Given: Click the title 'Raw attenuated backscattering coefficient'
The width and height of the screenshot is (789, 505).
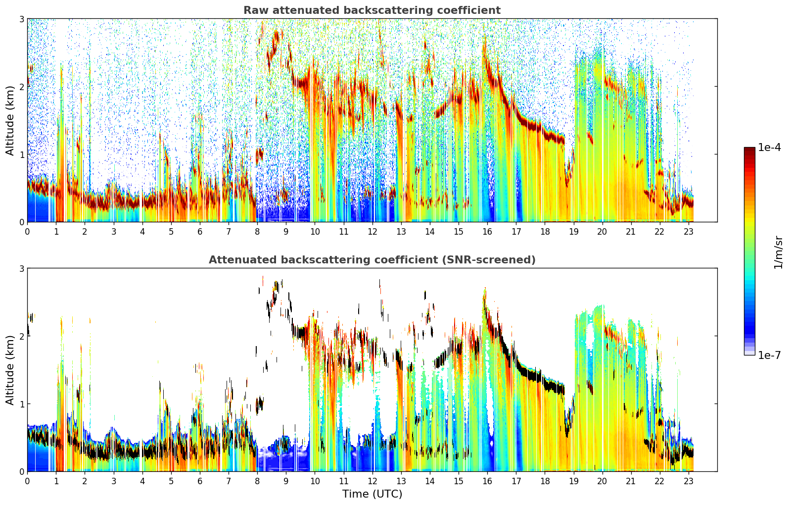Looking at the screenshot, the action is [x=372, y=10].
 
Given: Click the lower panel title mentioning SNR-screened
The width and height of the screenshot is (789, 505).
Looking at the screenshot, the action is [x=372, y=259].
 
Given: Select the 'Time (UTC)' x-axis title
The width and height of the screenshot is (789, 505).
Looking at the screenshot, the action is [x=372, y=494].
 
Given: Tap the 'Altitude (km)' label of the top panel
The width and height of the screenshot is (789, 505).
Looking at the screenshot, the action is [x=10, y=121].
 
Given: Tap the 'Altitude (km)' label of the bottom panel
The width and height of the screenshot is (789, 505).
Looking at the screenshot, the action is [x=10, y=370].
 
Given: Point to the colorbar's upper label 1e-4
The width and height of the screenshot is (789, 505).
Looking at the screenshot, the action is [x=769, y=148].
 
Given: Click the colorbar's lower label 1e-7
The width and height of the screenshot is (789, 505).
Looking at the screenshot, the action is [x=769, y=355].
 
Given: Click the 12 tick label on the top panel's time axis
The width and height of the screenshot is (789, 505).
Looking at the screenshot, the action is [x=372, y=232].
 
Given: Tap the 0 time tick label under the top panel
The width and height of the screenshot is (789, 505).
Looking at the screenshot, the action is [x=28, y=232].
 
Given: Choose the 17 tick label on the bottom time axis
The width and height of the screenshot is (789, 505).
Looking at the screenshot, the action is [x=516, y=481].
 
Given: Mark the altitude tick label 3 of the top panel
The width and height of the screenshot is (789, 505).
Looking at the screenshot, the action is [x=21, y=19].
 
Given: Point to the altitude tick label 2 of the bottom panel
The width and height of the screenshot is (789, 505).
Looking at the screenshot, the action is [x=21, y=336].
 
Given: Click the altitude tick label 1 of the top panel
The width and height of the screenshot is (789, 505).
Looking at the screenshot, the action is [x=21, y=154].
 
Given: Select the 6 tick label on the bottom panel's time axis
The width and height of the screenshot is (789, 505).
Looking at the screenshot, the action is [x=200, y=481].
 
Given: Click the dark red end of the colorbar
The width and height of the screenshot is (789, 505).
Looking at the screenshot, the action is [x=749, y=150].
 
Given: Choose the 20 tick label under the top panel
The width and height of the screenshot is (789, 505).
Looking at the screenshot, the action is [x=602, y=232].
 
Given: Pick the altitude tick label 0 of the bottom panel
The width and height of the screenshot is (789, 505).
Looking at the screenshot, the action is [x=21, y=472].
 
